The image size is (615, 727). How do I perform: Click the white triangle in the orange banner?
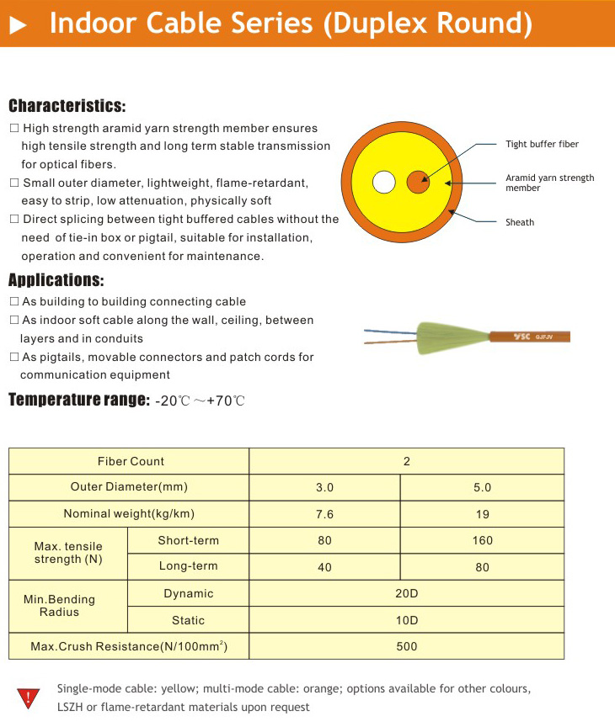tap(18, 25)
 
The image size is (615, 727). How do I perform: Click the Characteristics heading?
tap(67, 107)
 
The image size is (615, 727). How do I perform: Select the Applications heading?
tap(56, 280)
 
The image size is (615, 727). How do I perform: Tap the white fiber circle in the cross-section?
tap(384, 183)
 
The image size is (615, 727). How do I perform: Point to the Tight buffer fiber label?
tap(542, 145)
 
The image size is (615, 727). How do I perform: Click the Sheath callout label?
tap(520, 222)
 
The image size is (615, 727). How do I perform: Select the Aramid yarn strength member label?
tap(549, 183)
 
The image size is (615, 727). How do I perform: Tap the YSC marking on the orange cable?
tap(521, 337)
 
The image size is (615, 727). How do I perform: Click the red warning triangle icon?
tap(29, 698)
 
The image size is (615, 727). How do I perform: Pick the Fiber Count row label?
tap(131, 461)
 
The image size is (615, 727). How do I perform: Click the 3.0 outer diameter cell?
tap(324, 487)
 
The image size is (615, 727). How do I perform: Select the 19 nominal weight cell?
tap(482, 514)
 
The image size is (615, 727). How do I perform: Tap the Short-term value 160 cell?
tap(482, 540)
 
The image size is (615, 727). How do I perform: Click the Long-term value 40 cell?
tap(324, 567)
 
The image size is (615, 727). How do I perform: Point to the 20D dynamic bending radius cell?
tap(406, 593)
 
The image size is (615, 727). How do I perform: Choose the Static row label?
tap(188, 620)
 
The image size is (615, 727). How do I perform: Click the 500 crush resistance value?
tap(406, 646)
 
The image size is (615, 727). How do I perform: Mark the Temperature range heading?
tap(78, 400)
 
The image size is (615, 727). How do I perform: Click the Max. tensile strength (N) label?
tap(68, 553)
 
